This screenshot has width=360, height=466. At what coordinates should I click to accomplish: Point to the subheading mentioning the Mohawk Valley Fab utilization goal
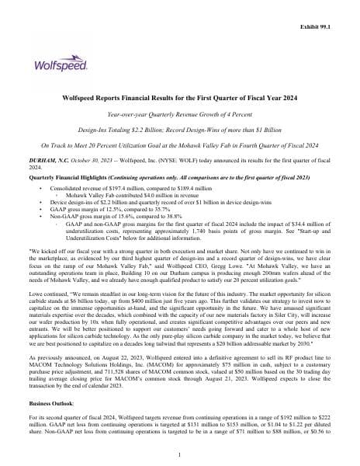(x=179, y=145)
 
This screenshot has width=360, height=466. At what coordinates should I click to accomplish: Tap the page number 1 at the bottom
(x=179, y=454)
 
